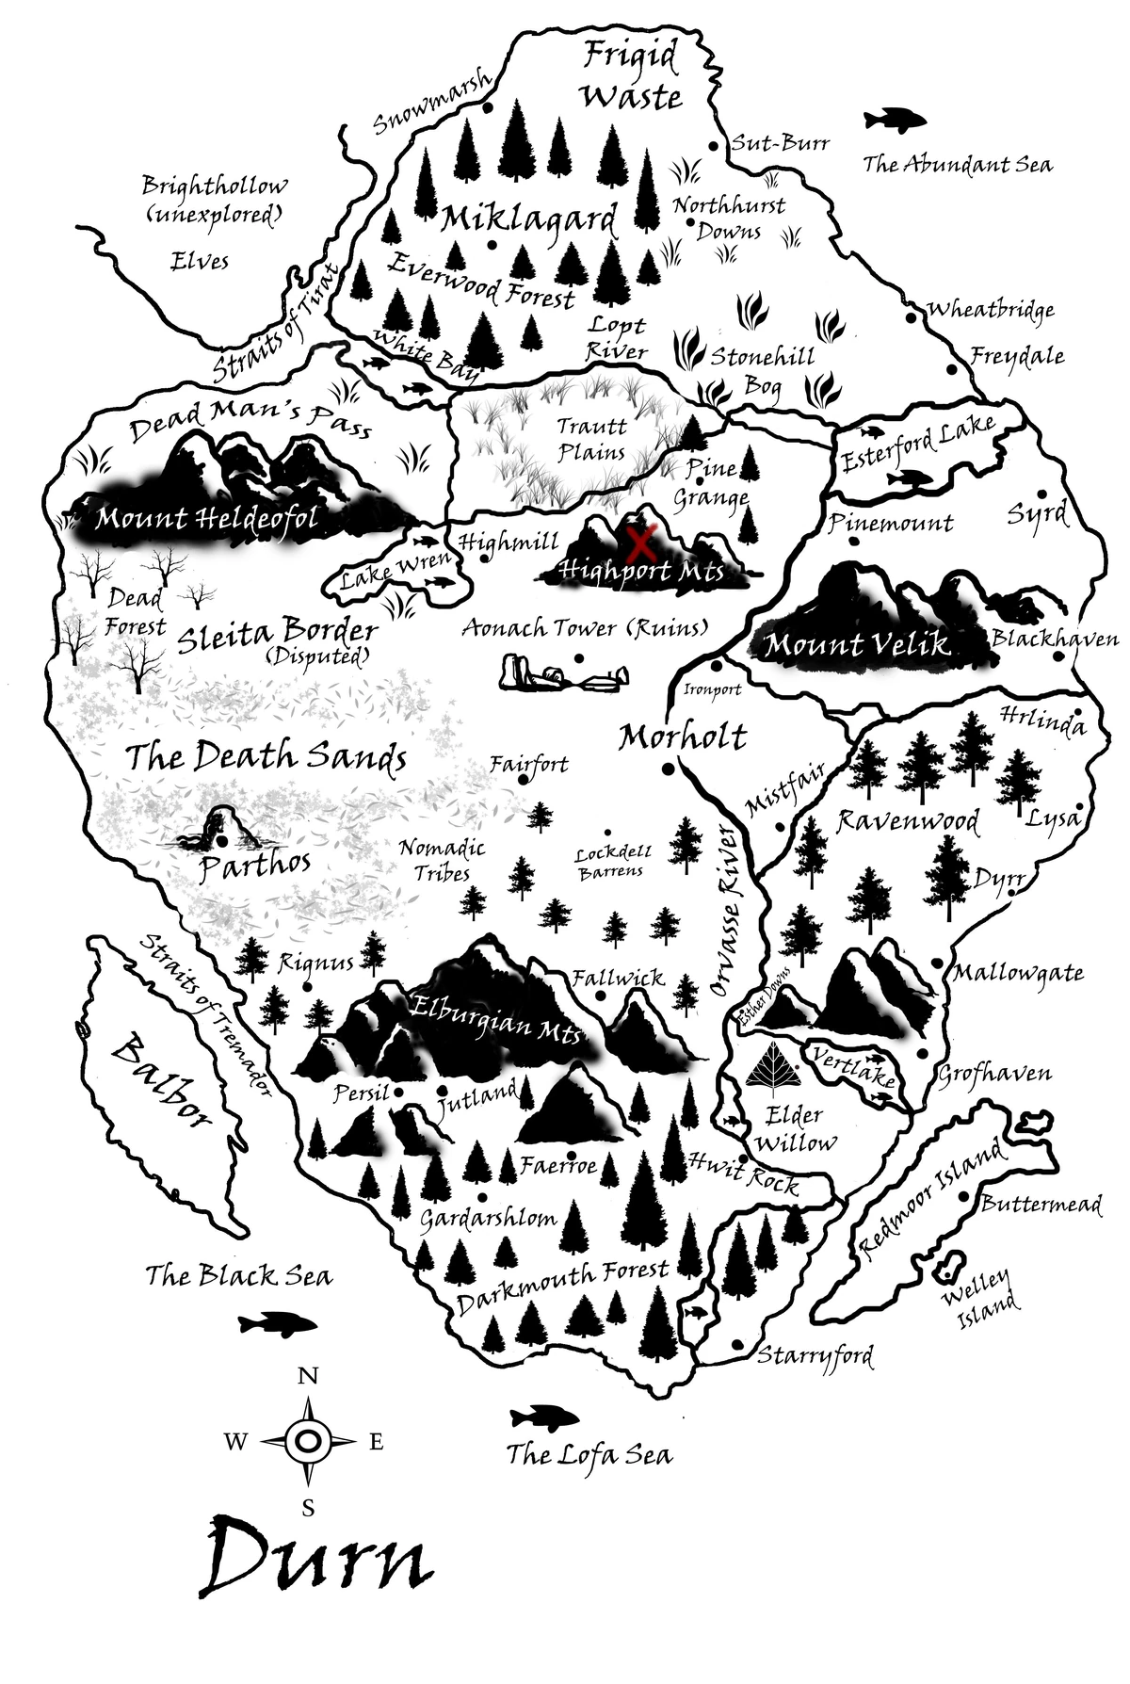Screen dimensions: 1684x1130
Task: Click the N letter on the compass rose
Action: tap(308, 1377)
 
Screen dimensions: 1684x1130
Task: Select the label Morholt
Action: tap(682, 737)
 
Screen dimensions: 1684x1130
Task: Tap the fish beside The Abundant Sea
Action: tap(894, 120)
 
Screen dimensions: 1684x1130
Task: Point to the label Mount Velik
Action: tap(857, 646)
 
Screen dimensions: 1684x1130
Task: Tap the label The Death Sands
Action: tap(266, 756)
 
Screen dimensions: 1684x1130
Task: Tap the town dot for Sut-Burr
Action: tap(714, 146)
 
